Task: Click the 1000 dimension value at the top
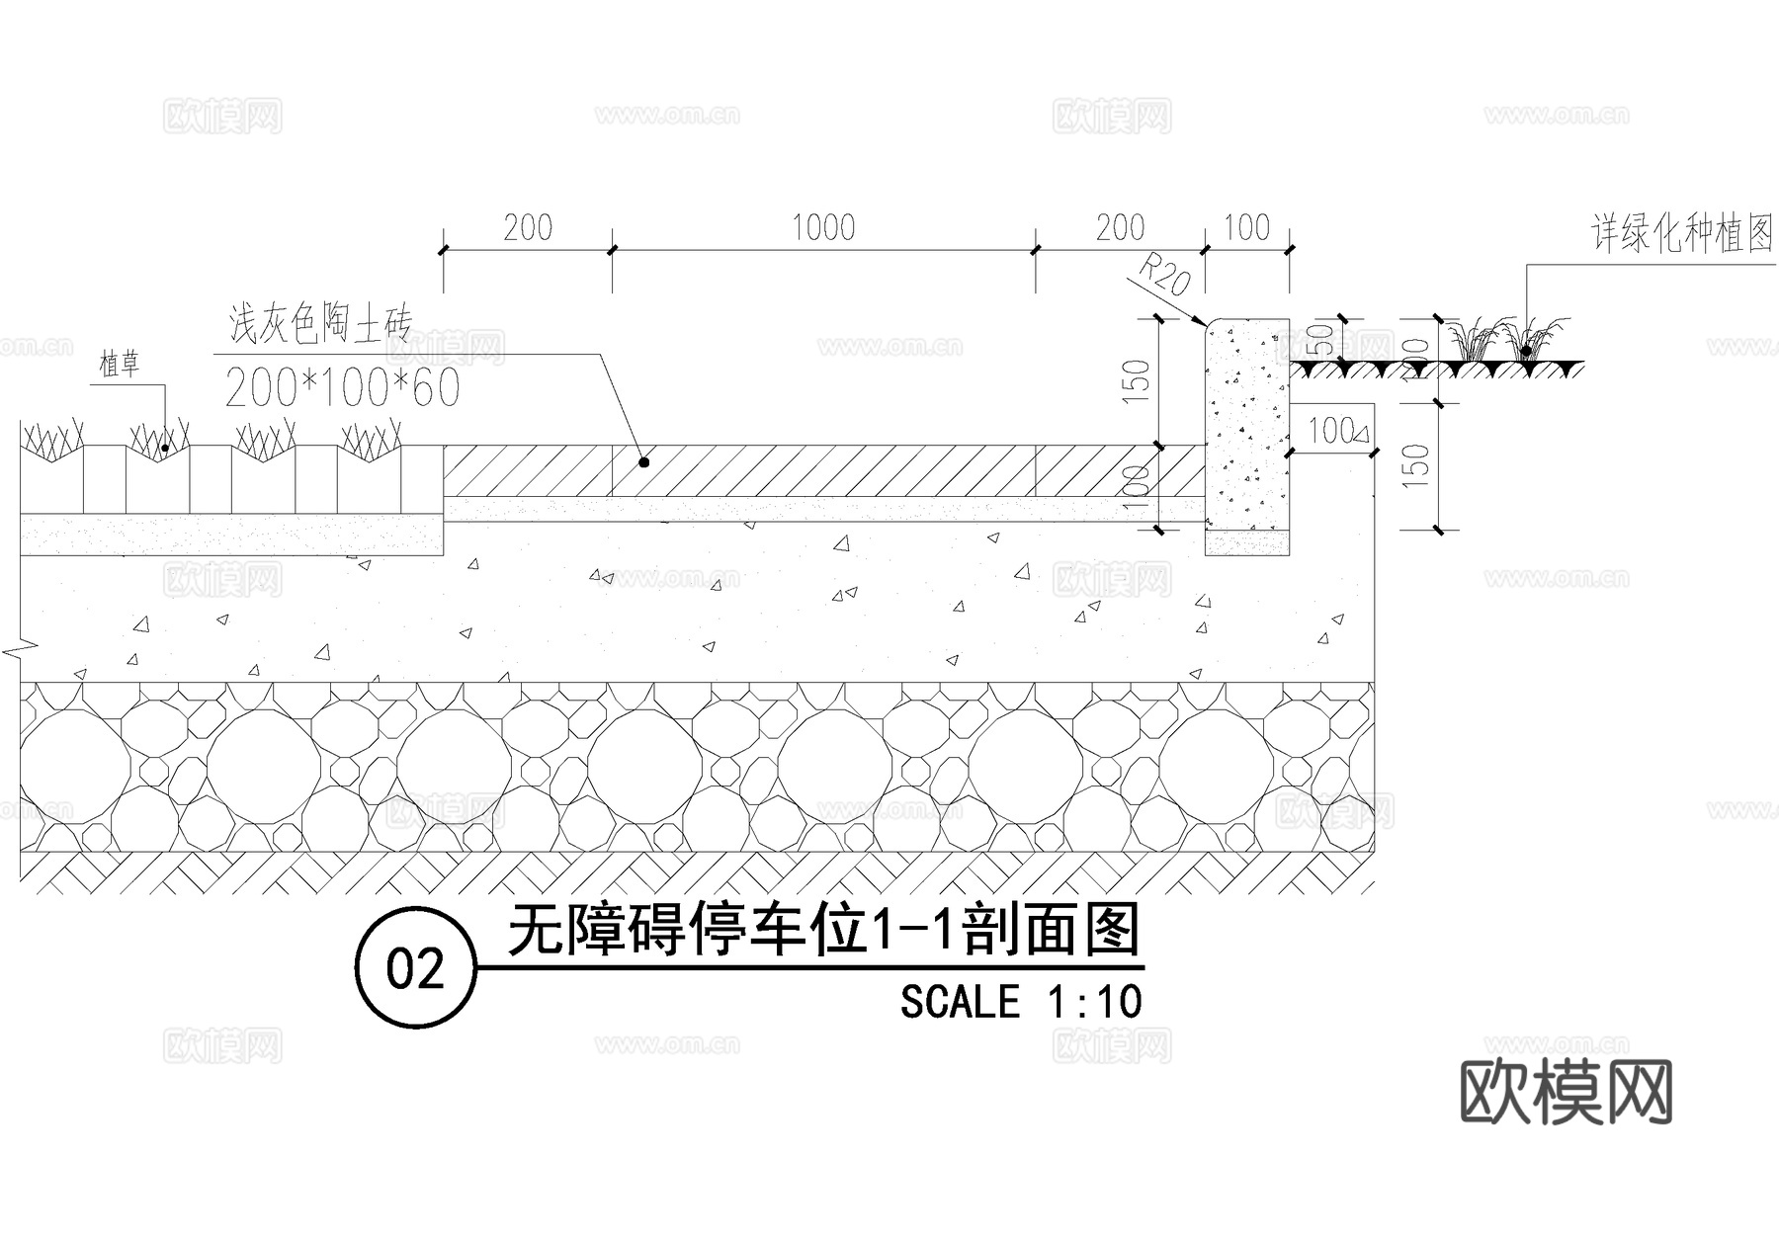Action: (x=823, y=228)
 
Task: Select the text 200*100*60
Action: (x=342, y=388)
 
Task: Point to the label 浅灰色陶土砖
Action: (x=319, y=323)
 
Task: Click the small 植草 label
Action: (x=120, y=366)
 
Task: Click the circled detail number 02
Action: (x=416, y=968)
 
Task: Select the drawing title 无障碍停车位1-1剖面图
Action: (x=824, y=930)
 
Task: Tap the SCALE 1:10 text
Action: (x=1021, y=1002)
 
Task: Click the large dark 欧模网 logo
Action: (x=1567, y=1092)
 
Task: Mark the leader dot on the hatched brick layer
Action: (x=643, y=461)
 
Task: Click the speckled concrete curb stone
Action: (x=1247, y=425)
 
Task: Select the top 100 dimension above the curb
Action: (x=1246, y=228)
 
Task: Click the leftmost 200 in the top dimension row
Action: (x=528, y=228)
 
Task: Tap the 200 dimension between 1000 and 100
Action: (x=1120, y=228)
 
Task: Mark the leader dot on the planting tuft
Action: (x=1526, y=350)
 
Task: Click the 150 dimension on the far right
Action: (x=1416, y=464)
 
